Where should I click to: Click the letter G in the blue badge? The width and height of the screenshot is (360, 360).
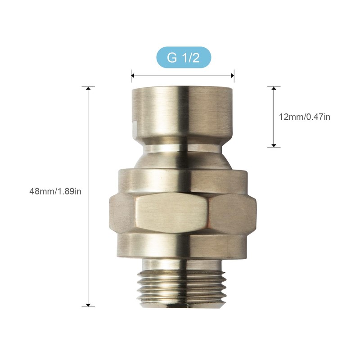tap(172, 58)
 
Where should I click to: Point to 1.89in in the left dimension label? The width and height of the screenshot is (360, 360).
tap(70, 191)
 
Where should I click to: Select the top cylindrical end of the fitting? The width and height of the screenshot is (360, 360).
tap(183, 112)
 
